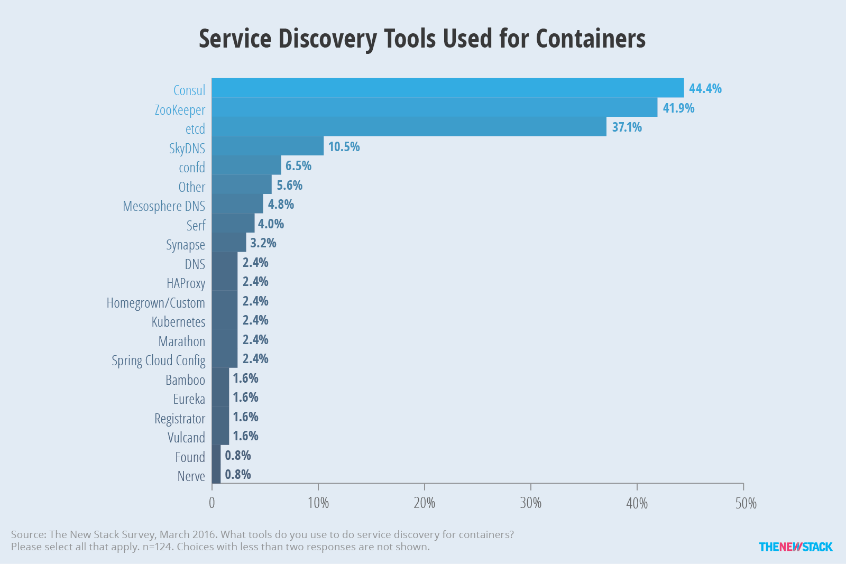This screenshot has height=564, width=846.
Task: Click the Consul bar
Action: click(447, 88)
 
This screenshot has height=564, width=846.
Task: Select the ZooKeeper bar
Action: click(434, 107)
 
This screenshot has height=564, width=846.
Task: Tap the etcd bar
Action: click(409, 126)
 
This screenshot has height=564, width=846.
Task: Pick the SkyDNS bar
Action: click(268, 146)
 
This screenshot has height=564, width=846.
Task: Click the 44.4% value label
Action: click(705, 89)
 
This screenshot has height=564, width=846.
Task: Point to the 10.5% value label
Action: click(344, 146)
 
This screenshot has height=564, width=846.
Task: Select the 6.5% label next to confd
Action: click(298, 166)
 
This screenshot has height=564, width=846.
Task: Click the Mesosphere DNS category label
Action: click(164, 206)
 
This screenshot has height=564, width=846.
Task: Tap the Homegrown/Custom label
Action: click(155, 303)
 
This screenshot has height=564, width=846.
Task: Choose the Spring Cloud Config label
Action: click(158, 360)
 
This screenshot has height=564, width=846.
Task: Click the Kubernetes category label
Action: click(178, 322)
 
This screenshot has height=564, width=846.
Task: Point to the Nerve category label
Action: click(191, 476)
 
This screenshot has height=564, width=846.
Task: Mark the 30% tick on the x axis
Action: click(531, 486)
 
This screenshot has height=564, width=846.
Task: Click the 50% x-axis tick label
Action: click(746, 503)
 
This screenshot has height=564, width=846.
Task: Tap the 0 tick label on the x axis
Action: click(212, 503)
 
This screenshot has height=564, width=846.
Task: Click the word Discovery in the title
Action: click(327, 39)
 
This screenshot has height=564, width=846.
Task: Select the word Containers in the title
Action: click(591, 39)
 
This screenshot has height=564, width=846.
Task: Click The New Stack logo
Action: click(796, 547)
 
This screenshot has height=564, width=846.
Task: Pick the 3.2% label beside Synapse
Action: click(263, 243)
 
